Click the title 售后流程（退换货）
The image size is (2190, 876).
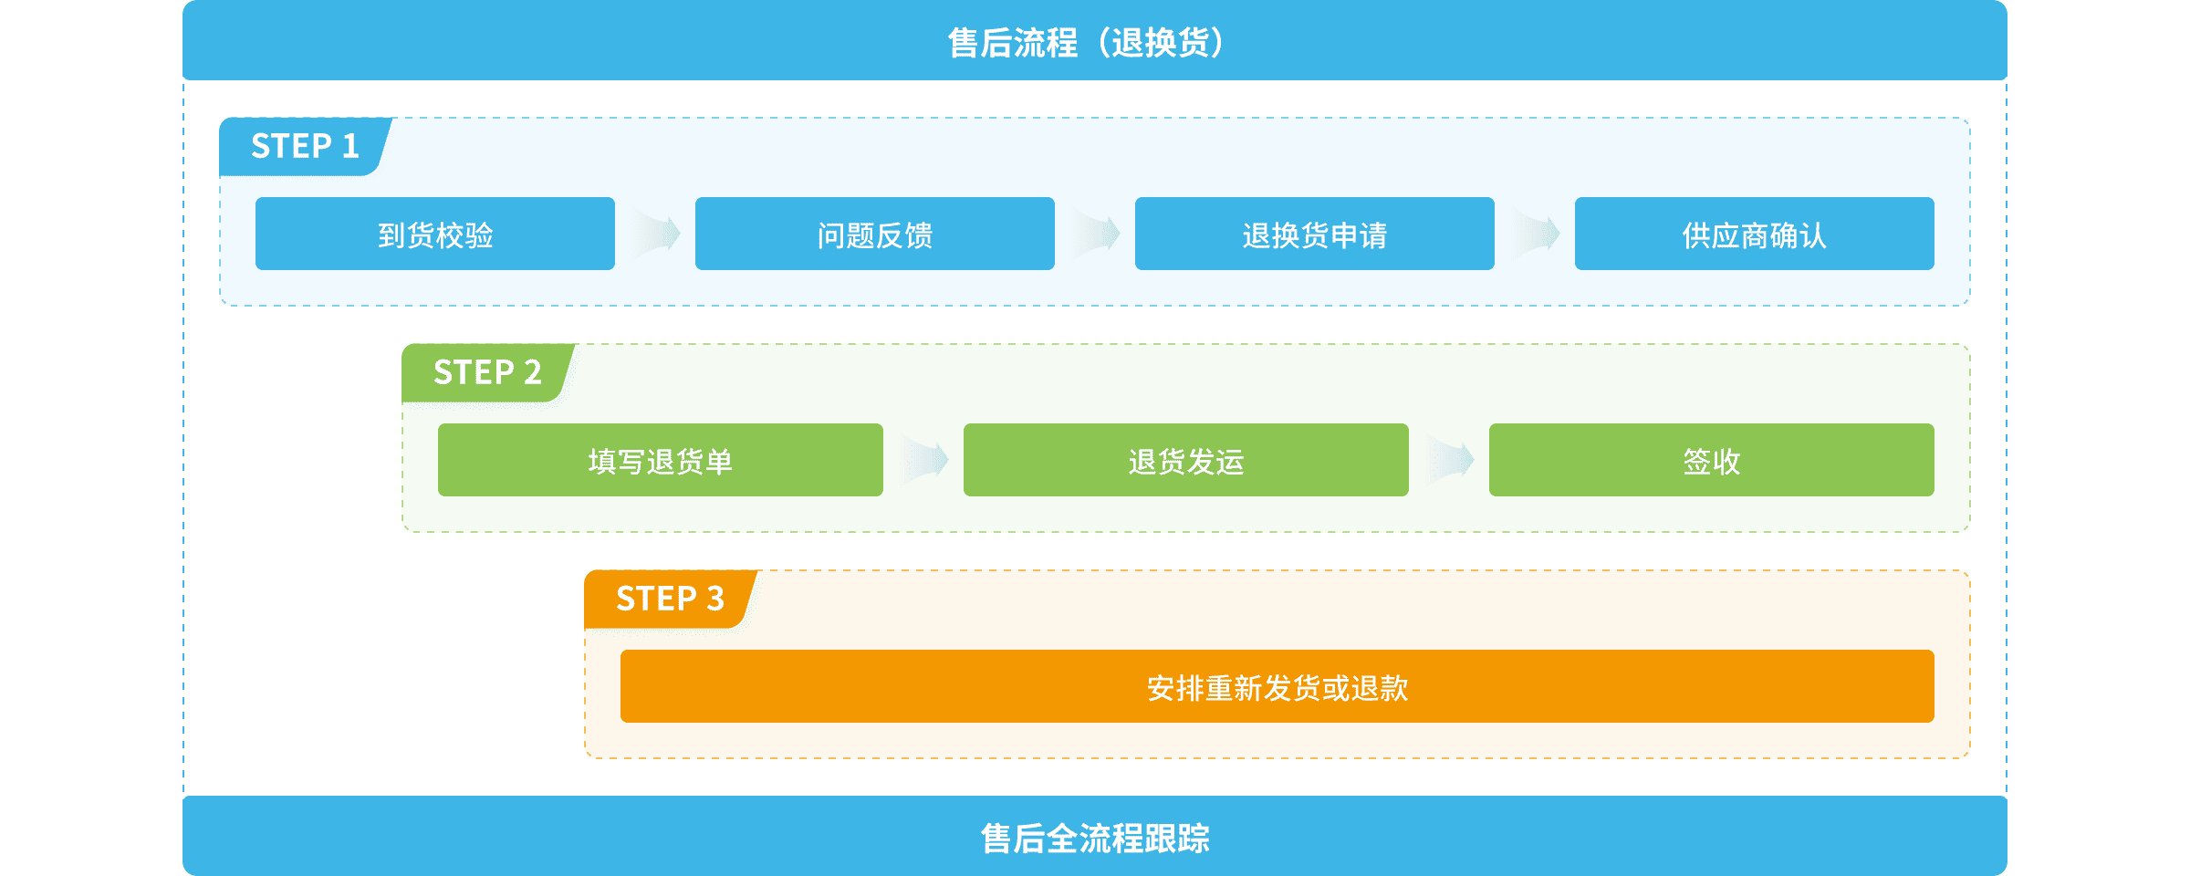[x=1086, y=43]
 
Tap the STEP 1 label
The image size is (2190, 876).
[x=305, y=146]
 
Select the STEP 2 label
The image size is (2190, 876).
[x=487, y=372]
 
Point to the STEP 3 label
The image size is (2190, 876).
[x=670, y=599]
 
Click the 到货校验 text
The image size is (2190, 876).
[x=435, y=235]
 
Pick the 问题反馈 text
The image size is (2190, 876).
[x=874, y=235]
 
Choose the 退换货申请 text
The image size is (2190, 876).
[x=1314, y=235]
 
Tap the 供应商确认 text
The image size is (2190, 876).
[x=1754, y=235]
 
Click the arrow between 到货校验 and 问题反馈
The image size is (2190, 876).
[x=655, y=234]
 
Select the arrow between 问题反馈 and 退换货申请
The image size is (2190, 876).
[x=1095, y=234]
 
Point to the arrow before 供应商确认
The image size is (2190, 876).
[x=1535, y=234]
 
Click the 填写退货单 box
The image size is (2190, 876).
[x=660, y=461]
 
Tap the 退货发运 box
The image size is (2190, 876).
[x=1185, y=461]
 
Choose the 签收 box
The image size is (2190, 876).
[x=1711, y=461]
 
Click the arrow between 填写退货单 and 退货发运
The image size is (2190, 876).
[x=923, y=460]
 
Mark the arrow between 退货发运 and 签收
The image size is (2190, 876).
[x=1449, y=460]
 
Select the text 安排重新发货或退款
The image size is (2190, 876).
[x=1277, y=688]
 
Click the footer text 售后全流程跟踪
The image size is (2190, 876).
[x=1095, y=838]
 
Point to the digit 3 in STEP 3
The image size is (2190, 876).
[x=715, y=599]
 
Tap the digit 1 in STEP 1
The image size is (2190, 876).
[x=350, y=146]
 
